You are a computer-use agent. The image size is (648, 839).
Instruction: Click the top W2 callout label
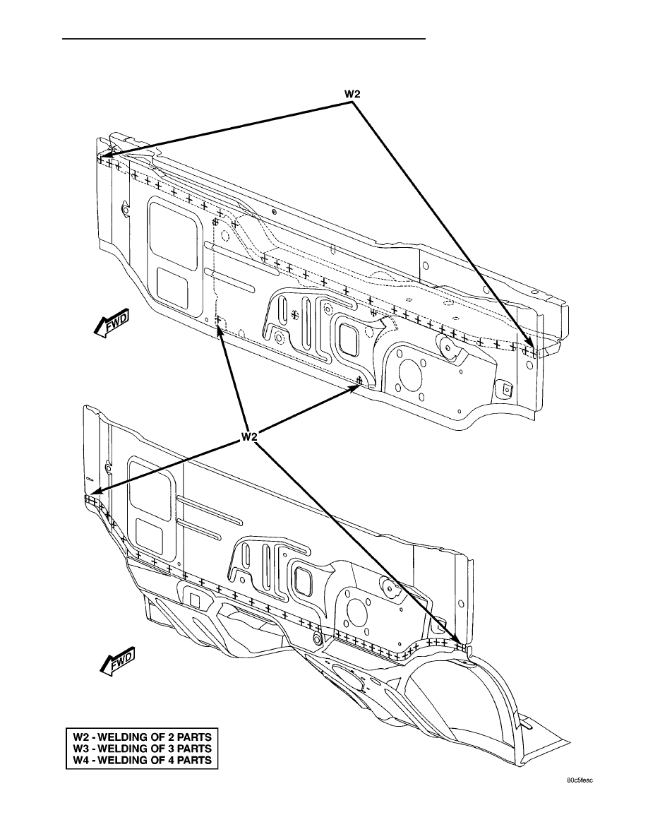click(352, 94)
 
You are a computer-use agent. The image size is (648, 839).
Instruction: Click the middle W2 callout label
click(249, 436)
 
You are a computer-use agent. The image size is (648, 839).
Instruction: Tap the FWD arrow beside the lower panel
click(117, 662)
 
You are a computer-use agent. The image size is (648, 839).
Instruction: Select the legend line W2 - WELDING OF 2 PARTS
click(142, 737)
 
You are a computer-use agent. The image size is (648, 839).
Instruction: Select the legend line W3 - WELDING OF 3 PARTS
click(142, 748)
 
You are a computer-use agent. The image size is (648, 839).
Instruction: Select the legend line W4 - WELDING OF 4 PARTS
click(142, 760)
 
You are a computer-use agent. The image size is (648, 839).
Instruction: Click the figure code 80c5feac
click(580, 795)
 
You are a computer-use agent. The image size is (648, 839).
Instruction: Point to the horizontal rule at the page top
click(244, 39)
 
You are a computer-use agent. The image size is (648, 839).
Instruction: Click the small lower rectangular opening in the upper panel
click(172, 288)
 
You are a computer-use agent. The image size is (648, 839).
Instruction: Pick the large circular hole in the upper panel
click(411, 371)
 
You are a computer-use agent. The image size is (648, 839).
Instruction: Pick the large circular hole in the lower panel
click(356, 609)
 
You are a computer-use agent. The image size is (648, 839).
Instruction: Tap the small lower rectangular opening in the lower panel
click(149, 538)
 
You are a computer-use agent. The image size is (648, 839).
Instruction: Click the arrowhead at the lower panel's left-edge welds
click(94, 493)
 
